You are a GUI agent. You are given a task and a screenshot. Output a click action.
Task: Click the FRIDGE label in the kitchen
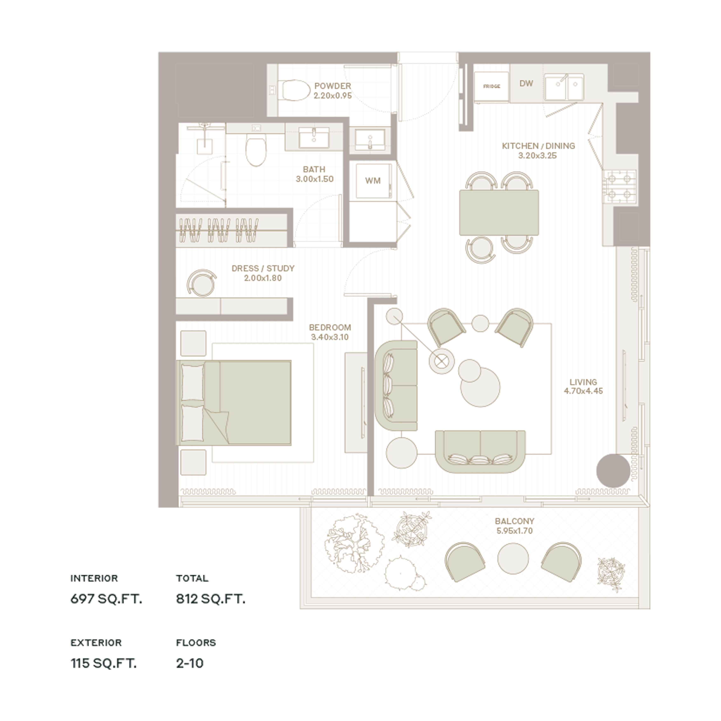tap(492, 86)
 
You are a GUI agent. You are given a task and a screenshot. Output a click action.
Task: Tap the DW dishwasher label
tap(526, 83)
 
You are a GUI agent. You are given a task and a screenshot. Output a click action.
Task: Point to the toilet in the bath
tap(256, 148)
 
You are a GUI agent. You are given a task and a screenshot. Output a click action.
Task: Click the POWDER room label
tap(332, 86)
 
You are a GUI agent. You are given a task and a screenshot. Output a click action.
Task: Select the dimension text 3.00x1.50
tap(315, 179)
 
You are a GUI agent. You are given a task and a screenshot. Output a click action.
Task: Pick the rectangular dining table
tap(499, 212)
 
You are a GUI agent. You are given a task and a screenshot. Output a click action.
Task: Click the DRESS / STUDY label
tap(263, 268)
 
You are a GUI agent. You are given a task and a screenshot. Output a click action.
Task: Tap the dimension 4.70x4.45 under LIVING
tap(583, 391)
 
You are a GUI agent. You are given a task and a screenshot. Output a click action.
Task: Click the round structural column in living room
tap(613, 471)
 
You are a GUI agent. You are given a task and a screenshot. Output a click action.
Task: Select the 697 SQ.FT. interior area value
tap(106, 599)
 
